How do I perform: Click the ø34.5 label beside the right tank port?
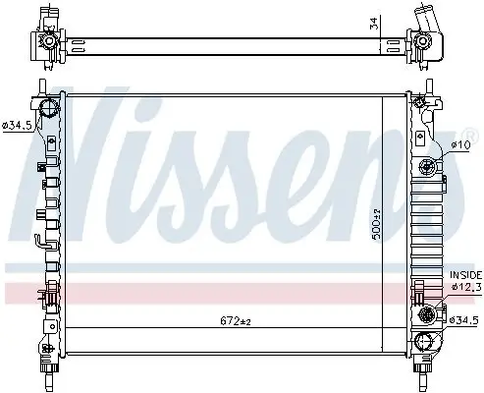point(462,320)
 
